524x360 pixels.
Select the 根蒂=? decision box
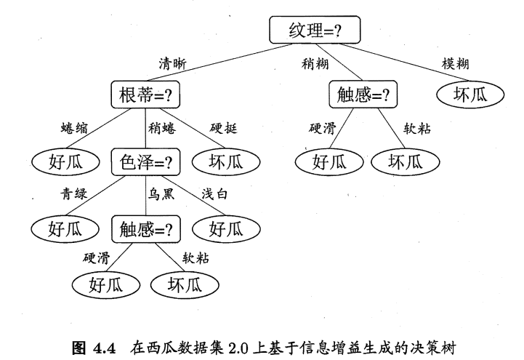coord(146,95)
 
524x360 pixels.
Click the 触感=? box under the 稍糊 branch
coord(363,95)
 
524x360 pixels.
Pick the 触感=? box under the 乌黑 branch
coord(146,229)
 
